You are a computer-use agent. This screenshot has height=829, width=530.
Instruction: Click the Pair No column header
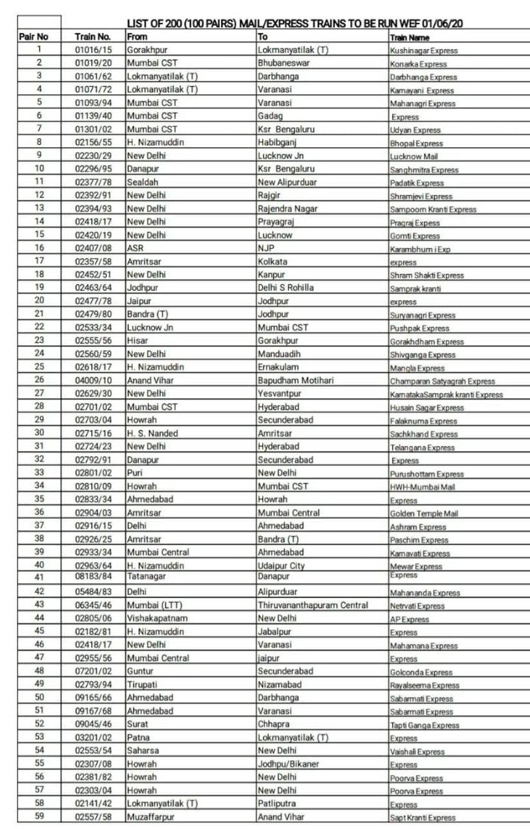tap(32, 36)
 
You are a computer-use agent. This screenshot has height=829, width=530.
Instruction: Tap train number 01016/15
tap(93, 50)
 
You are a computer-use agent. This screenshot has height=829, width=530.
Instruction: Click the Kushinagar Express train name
tap(424, 51)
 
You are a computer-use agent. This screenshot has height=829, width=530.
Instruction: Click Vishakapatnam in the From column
tap(157, 618)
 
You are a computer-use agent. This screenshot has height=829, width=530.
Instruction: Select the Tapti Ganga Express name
tap(425, 725)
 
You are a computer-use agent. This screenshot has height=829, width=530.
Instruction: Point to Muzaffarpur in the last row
tap(153, 817)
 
